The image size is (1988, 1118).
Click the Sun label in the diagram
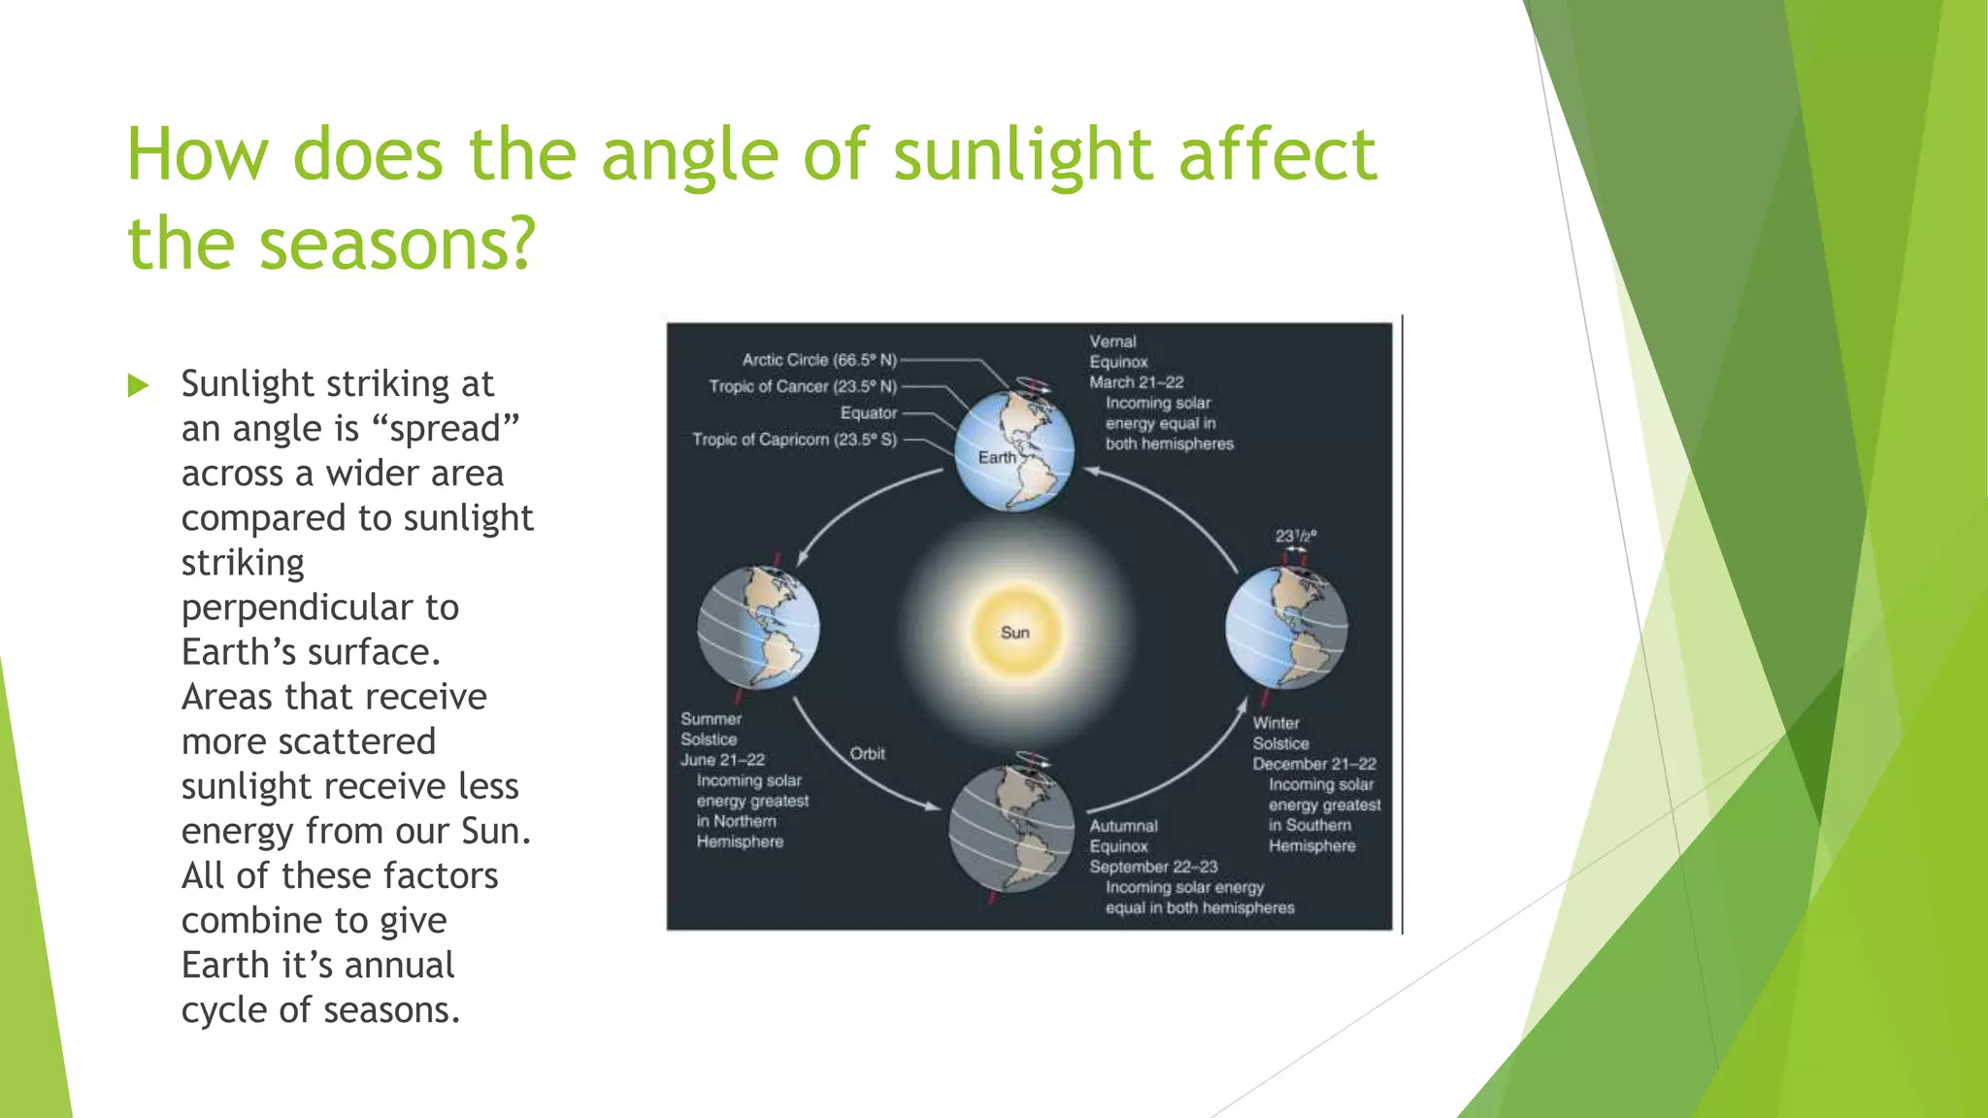point(1015,633)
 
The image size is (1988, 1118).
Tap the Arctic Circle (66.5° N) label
point(819,360)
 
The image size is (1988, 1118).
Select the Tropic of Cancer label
point(803,386)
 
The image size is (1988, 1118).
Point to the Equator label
point(869,412)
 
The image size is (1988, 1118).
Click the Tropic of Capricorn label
point(794,440)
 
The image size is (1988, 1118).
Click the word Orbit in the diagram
point(867,754)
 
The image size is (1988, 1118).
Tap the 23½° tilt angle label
point(1295,536)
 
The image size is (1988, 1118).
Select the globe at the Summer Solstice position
point(758,628)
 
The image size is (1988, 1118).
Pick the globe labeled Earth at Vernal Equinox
point(1014,450)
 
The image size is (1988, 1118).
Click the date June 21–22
point(722,760)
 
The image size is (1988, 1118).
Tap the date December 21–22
point(1314,764)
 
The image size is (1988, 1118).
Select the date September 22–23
point(1153,867)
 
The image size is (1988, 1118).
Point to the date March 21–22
point(1136,382)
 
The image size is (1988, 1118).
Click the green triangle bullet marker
point(138,386)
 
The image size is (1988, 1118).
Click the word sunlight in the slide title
point(1023,155)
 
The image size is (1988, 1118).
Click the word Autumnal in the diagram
point(1123,826)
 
